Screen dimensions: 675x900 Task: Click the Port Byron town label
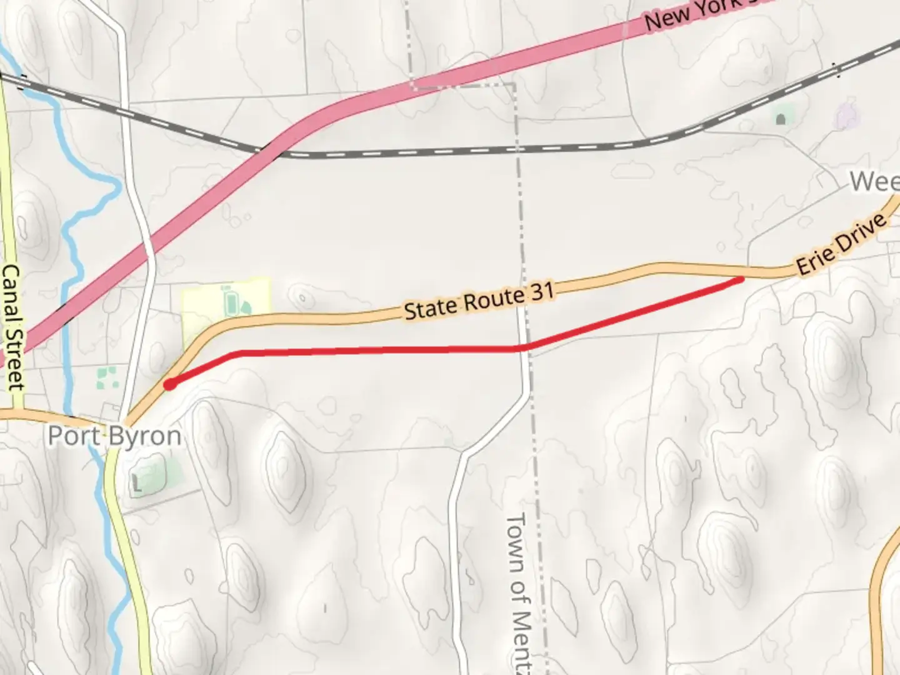click(x=114, y=436)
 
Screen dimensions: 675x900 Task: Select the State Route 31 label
click(x=479, y=300)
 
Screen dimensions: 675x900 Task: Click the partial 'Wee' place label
click(x=874, y=182)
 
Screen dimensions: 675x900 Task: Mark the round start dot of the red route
click(x=169, y=385)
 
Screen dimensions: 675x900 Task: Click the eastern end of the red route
click(x=741, y=279)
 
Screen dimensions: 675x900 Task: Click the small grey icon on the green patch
click(x=781, y=118)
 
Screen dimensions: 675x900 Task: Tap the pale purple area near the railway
click(x=846, y=116)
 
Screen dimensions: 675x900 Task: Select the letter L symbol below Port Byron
click(x=137, y=482)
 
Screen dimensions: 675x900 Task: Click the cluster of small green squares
click(x=107, y=377)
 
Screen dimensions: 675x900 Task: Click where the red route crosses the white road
click(x=524, y=347)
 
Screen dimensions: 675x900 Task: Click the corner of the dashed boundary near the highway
click(x=514, y=84)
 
